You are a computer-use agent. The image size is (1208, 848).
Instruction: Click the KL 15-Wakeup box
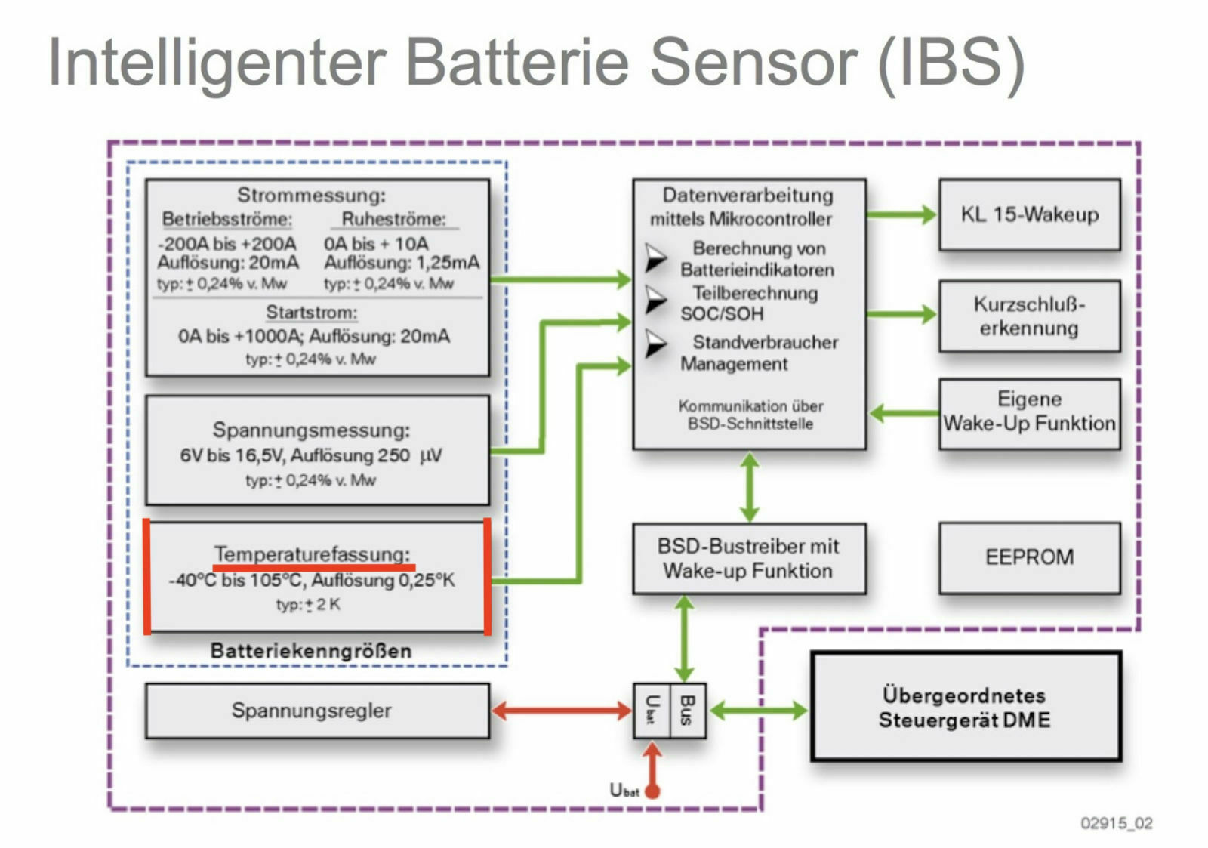(x=1029, y=214)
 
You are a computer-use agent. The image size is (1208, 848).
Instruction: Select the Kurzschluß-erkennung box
(x=1029, y=316)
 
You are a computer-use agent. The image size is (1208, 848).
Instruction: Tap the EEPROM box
(x=1029, y=557)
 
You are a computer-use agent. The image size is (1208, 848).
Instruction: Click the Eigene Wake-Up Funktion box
(x=1029, y=412)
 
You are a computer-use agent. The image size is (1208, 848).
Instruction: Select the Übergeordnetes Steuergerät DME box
(x=965, y=707)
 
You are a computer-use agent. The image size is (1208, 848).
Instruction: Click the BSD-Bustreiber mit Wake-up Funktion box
(x=748, y=558)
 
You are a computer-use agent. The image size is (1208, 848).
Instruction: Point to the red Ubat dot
(x=653, y=791)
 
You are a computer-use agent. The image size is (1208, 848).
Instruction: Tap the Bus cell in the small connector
(x=687, y=710)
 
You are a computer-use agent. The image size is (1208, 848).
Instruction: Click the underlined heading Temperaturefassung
(x=313, y=554)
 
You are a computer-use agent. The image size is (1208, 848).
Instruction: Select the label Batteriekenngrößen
(x=311, y=651)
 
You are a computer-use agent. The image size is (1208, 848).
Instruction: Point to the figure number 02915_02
(x=1116, y=823)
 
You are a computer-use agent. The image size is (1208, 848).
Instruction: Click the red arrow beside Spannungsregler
(x=561, y=710)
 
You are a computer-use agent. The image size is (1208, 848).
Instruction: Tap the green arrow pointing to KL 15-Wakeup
(x=901, y=214)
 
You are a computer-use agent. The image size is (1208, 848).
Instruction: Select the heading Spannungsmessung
(x=311, y=430)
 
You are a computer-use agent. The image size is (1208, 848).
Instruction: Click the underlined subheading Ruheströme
(x=393, y=219)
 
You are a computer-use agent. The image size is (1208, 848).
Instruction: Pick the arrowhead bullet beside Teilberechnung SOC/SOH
(x=655, y=300)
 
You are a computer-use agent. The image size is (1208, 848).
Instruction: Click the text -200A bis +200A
(x=227, y=244)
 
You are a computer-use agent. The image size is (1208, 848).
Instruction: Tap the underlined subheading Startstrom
(x=311, y=312)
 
